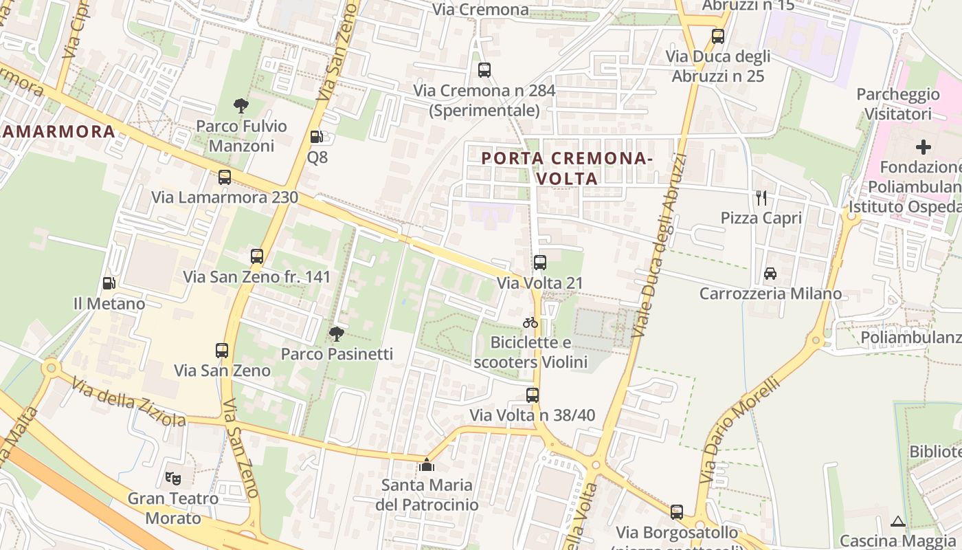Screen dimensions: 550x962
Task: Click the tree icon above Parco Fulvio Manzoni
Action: coord(240,106)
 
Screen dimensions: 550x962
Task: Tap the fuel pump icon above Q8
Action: coord(316,137)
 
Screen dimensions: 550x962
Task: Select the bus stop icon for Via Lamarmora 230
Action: coord(224,177)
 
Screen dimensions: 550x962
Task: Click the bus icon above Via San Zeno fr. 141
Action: coord(257,256)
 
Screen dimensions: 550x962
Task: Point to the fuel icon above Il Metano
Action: coord(109,283)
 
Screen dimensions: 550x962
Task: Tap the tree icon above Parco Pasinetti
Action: coord(336,334)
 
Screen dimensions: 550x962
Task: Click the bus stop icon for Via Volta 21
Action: coord(539,262)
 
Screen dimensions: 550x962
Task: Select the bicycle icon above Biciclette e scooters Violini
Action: coord(530,322)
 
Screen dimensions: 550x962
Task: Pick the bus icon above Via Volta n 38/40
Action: coord(532,395)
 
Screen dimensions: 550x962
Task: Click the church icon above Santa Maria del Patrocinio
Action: coord(426,465)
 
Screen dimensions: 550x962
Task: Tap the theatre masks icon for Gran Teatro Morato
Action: coord(173,477)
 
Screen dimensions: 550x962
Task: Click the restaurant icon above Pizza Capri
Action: coord(761,198)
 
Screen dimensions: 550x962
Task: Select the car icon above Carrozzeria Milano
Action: coord(770,274)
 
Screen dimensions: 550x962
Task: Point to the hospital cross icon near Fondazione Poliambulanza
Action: coord(924,146)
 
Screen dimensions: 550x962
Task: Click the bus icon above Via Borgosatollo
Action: coord(677,512)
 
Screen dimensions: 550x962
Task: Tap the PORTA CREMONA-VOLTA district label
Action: coord(567,168)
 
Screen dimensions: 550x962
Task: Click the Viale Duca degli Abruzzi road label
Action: coord(660,247)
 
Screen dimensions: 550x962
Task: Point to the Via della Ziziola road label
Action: coord(129,401)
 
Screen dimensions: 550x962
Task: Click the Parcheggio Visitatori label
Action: coord(898,104)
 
